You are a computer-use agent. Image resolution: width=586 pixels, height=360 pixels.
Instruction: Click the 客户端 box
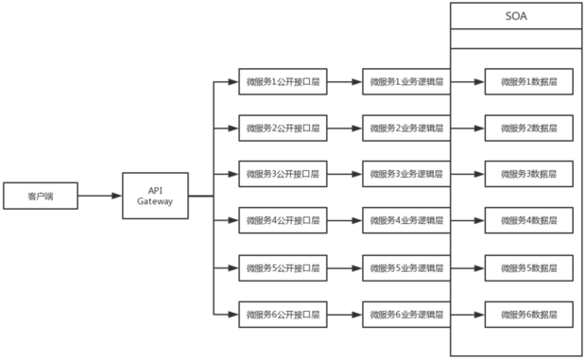pyautogui.click(x=39, y=197)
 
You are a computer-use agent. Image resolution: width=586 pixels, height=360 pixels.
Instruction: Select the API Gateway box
pyautogui.click(x=155, y=196)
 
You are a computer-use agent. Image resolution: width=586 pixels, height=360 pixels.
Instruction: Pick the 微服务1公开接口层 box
pyautogui.click(x=282, y=81)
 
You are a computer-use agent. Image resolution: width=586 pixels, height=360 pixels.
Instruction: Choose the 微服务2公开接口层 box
pyautogui.click(x=282, y=128)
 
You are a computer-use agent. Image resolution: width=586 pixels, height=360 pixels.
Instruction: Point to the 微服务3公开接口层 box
pyautogui.click(x=282, y=174)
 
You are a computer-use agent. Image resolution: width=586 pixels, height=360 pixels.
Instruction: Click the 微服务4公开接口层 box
pyautogui.click(x=282, y=220)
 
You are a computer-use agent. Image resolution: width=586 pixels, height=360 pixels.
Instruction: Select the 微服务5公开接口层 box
pyautogui.click(x=282, y=266)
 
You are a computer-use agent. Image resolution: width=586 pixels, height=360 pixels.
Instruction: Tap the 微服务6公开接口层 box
pyautogui.click(x=282, y=313)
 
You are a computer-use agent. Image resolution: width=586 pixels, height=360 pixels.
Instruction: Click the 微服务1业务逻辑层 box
pyautogui.click(x=405, y=81)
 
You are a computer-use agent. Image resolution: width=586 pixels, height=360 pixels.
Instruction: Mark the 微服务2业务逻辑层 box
pyautogui.click(x=405, y=128)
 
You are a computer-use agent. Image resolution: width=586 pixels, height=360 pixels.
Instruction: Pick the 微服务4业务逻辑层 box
pyautogui.click(x=405, y=220)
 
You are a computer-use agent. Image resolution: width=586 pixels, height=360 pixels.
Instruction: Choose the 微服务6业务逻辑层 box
pyautogui.click(x=405, y=313)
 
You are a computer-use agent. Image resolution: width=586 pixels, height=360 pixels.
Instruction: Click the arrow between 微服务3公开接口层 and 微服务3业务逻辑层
pyautogui.click(x=344, y=174)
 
